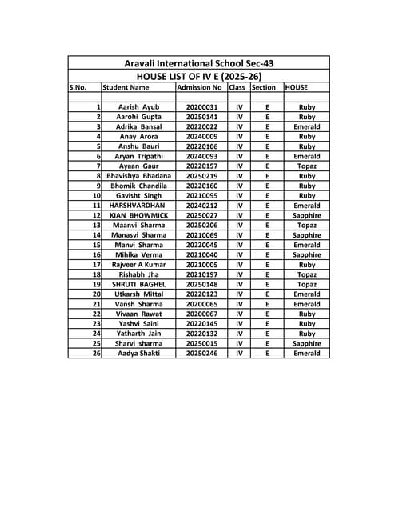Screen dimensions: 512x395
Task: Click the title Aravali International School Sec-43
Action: (x=199, y=62)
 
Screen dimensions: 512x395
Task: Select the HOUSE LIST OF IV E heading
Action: (x=199, y=75)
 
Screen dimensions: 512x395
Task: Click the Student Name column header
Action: (x=126, y=87)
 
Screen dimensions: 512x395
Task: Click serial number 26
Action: (x=97, y=353)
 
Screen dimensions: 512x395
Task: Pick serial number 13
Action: (x=97, y=225)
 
